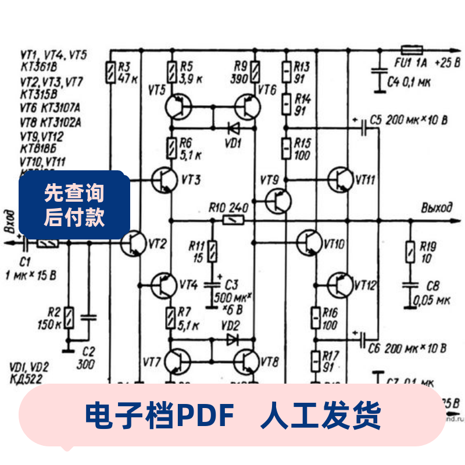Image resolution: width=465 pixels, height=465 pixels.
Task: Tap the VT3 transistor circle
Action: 165,181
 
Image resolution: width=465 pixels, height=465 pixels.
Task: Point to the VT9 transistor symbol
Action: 278,201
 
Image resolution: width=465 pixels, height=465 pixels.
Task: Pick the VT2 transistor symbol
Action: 135,243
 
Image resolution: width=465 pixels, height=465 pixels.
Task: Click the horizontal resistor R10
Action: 234,220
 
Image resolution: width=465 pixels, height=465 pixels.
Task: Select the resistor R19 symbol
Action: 410,252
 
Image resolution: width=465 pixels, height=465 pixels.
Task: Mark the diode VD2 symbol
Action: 233,338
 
